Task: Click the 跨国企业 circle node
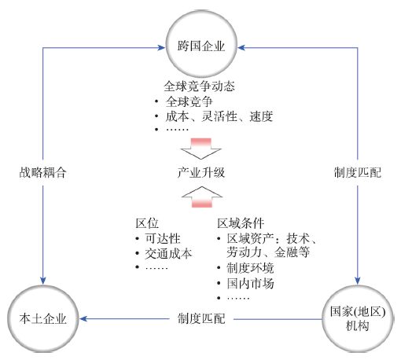(x=201, y=44)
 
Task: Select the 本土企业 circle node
(x=42, y=319)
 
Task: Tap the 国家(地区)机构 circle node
(x=358, y=319)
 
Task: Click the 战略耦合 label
(x=42, y=172)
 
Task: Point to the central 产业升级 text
(x=201, y=172)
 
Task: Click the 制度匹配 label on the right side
(x=358, y=172)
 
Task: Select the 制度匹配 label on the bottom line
(x=201, y=319)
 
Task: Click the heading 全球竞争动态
(x=199, y=86)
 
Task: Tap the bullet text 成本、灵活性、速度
(x=219, y=116)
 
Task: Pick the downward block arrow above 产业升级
(x=201, y=149)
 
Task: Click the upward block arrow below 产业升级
(x=202, y=197)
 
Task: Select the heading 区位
(x=147, y=223)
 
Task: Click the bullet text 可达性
(x=163, y=238)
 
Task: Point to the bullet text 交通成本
(x=168, y=254)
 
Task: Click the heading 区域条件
(x=241, y=223)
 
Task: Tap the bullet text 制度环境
(x=250, y=268)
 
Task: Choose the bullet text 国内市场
(x=250, y=283)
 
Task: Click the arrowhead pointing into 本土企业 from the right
(x=83, y=319)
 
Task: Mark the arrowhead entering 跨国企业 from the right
(x=241, y=47)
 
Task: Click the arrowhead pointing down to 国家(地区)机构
(x=358, y=281)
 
